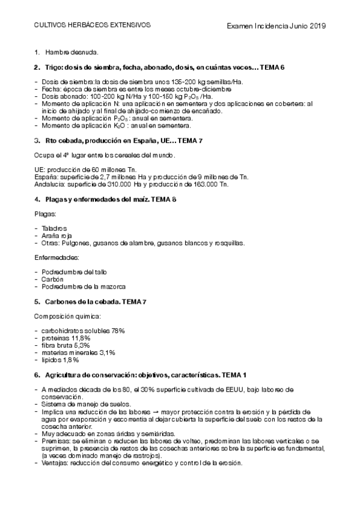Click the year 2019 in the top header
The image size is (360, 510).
pos(316,26)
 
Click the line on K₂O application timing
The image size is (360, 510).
pos(117,126)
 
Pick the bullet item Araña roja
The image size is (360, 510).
pos(56,236)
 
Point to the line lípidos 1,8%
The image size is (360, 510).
pos(61,360)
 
